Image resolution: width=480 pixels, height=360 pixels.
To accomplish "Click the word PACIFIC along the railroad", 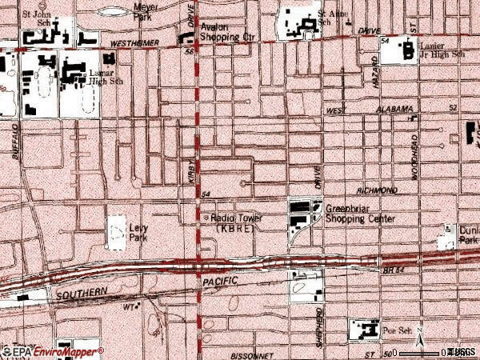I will (222, 283).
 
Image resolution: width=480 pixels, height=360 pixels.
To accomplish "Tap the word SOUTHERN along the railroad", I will (82, 294).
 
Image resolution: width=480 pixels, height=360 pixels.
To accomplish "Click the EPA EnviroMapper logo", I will (53, 350).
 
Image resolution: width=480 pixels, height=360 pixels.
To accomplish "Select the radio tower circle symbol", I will (208, 218).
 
